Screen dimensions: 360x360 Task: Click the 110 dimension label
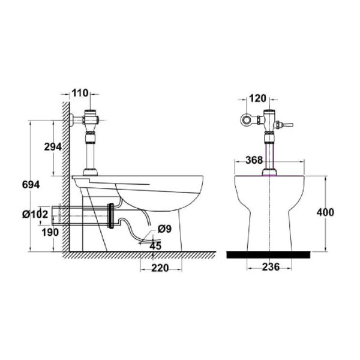80,93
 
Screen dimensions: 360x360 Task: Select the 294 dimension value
53,147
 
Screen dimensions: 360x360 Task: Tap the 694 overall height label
31,185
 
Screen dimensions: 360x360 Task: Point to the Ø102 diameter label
35,214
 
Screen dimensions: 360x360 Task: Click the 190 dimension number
50,233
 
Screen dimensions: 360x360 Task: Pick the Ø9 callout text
164,229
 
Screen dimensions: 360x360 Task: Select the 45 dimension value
155,246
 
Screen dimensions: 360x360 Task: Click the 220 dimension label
160,268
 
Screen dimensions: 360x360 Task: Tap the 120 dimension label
257,98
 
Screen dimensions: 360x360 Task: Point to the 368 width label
254,160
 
